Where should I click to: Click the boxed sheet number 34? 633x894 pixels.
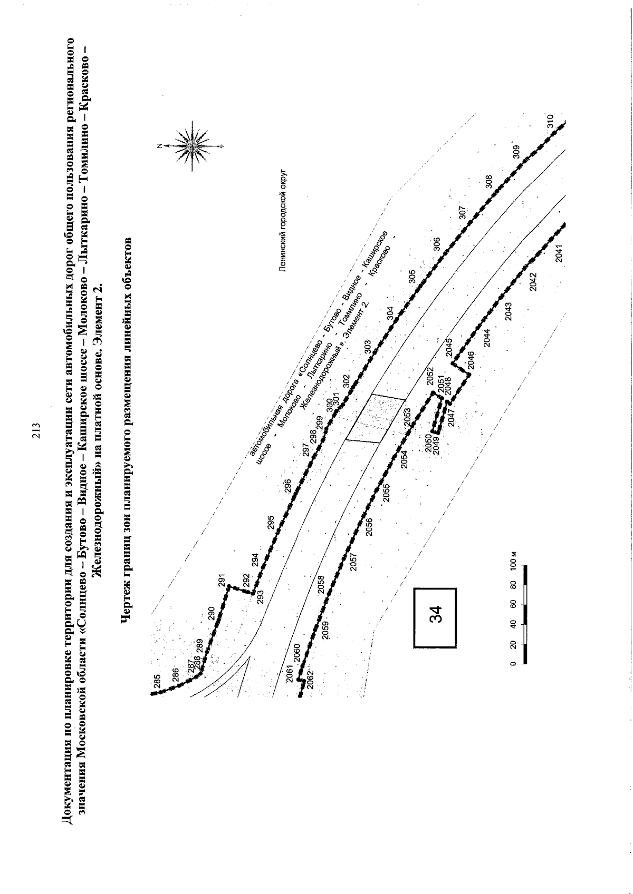(435, 618)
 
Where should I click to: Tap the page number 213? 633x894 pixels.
(36, 431)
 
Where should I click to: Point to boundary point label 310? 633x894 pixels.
(550, 121)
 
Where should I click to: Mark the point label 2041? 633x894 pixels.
(559, 253)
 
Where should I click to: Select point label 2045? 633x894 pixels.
(448, 348)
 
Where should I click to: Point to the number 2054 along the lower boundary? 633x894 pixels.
(405, 459)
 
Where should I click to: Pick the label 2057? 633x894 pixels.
(353, 562)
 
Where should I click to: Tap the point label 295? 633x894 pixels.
(271, 523)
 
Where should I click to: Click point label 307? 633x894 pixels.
(463, 212)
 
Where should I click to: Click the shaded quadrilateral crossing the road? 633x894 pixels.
(376, 418)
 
